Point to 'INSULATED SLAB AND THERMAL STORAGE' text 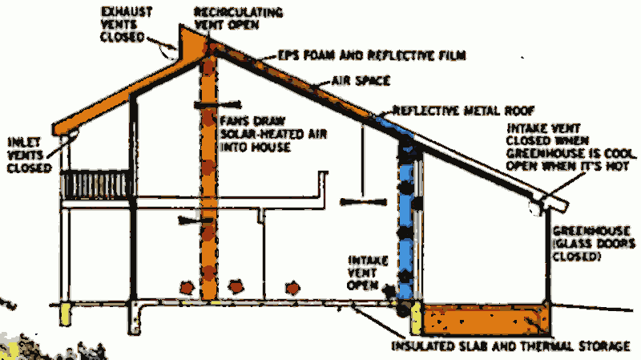tap(512, 346)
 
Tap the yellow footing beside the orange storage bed tap(416, 319)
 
